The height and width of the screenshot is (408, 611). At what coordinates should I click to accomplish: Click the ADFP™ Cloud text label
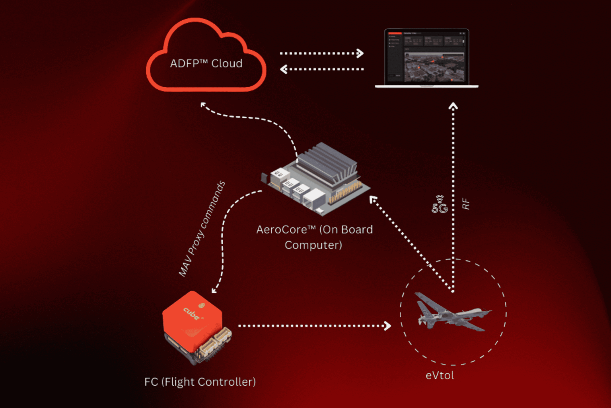[x=206, y=64]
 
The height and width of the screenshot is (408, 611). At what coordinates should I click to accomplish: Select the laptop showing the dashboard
[x=426, y=58]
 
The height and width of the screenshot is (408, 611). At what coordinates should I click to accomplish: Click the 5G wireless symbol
[x=440, y=205]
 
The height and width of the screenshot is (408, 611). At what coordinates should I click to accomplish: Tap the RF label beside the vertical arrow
[x=466, y=204]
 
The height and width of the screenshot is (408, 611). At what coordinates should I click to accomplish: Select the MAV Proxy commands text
[x=202, y=229]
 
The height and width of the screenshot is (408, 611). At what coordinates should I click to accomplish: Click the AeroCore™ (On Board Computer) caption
[x=314, y=237]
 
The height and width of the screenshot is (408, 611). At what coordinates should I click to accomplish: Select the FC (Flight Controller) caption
[x=200, y=382]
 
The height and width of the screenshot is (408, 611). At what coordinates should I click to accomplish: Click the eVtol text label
[x=440, y=375]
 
